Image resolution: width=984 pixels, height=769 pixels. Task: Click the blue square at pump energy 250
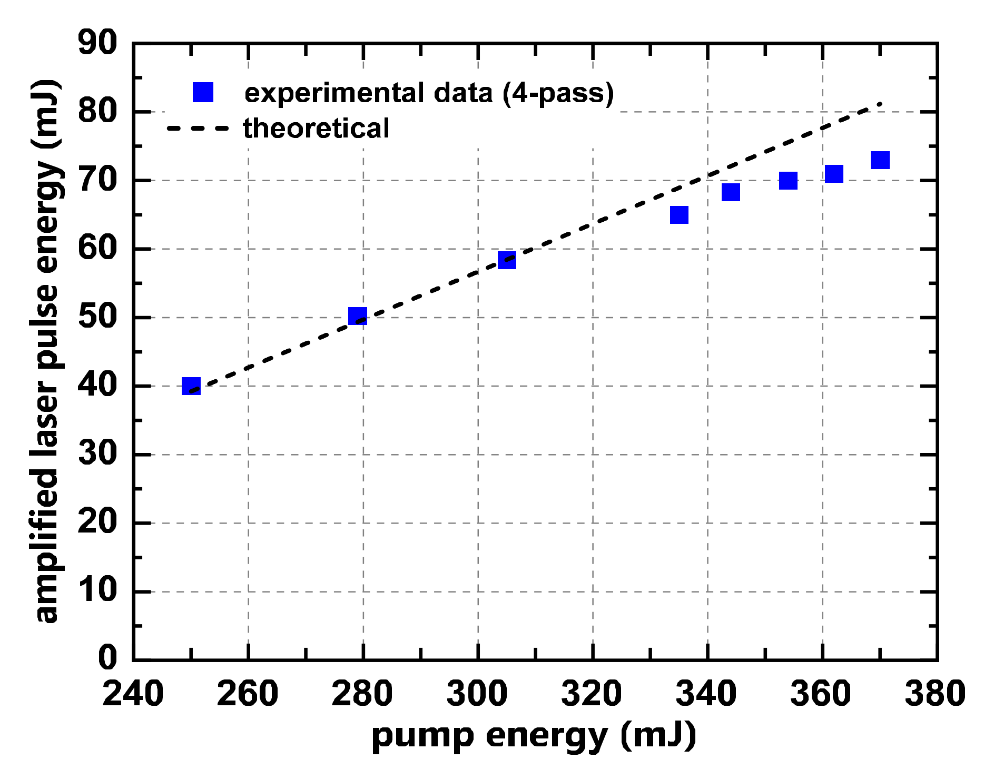pos(191,386)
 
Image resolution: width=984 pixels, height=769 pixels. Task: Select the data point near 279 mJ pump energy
pos(358,316)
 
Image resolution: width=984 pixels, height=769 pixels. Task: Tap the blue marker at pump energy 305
pos(507,260)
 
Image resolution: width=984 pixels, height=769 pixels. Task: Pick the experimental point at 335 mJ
pos(679,215)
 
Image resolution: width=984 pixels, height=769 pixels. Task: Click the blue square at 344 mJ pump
pos(731,192)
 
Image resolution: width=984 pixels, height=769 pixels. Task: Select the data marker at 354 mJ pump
pos(788,181)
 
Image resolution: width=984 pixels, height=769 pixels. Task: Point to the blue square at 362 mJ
pos(834,173)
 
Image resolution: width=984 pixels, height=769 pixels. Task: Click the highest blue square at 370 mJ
pos(880,160)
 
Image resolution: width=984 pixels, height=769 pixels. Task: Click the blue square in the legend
pos(203,92)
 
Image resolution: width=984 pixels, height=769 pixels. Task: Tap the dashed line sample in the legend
pos(198,129)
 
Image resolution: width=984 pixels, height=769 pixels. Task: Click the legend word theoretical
pos(316,129)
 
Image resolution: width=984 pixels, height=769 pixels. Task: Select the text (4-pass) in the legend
pos(558,93)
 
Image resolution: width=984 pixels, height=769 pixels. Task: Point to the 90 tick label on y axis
pos(97,43)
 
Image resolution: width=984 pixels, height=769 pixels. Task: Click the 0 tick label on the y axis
pos(108,658)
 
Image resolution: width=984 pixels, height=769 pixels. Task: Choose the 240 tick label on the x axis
pos(133,694)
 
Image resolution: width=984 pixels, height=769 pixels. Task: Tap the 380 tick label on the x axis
pos(936,694)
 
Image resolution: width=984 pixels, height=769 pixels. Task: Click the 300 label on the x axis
pos(477,694)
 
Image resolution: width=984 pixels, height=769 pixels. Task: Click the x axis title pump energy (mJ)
pos(534,736)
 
